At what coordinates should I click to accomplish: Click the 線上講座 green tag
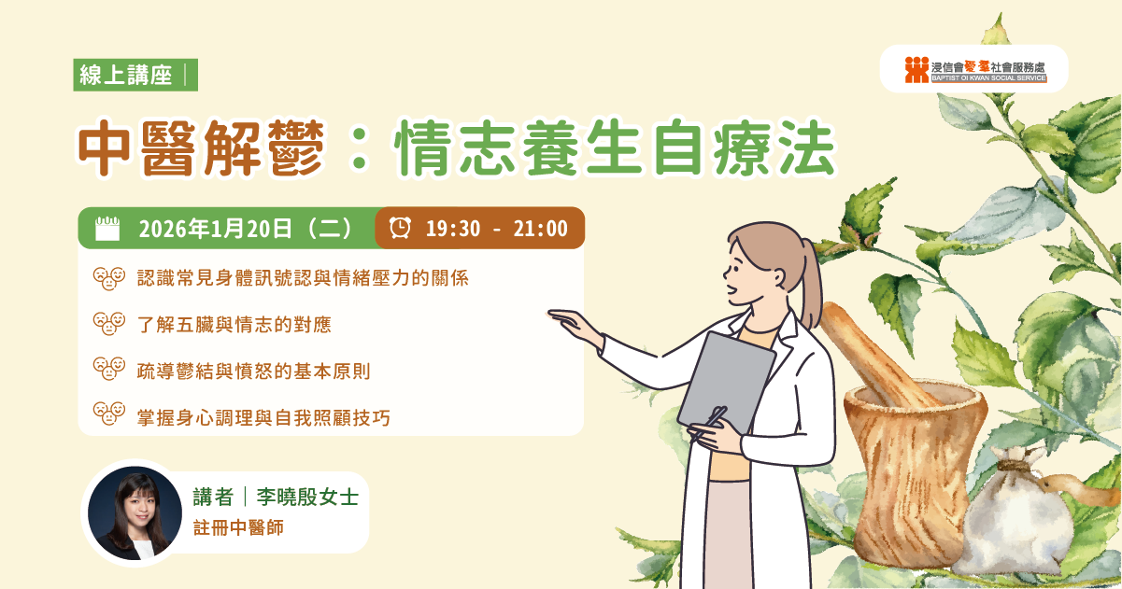[126, 76]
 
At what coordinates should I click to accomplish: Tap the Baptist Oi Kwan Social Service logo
[974, 70]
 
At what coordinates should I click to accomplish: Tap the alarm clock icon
[400, 228]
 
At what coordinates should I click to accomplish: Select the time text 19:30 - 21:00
[496, 229]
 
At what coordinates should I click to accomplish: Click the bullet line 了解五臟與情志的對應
[234, 325]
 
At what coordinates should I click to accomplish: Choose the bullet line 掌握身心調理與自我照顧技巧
[263, 418]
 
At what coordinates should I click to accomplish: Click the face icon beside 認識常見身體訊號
[109, 278]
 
